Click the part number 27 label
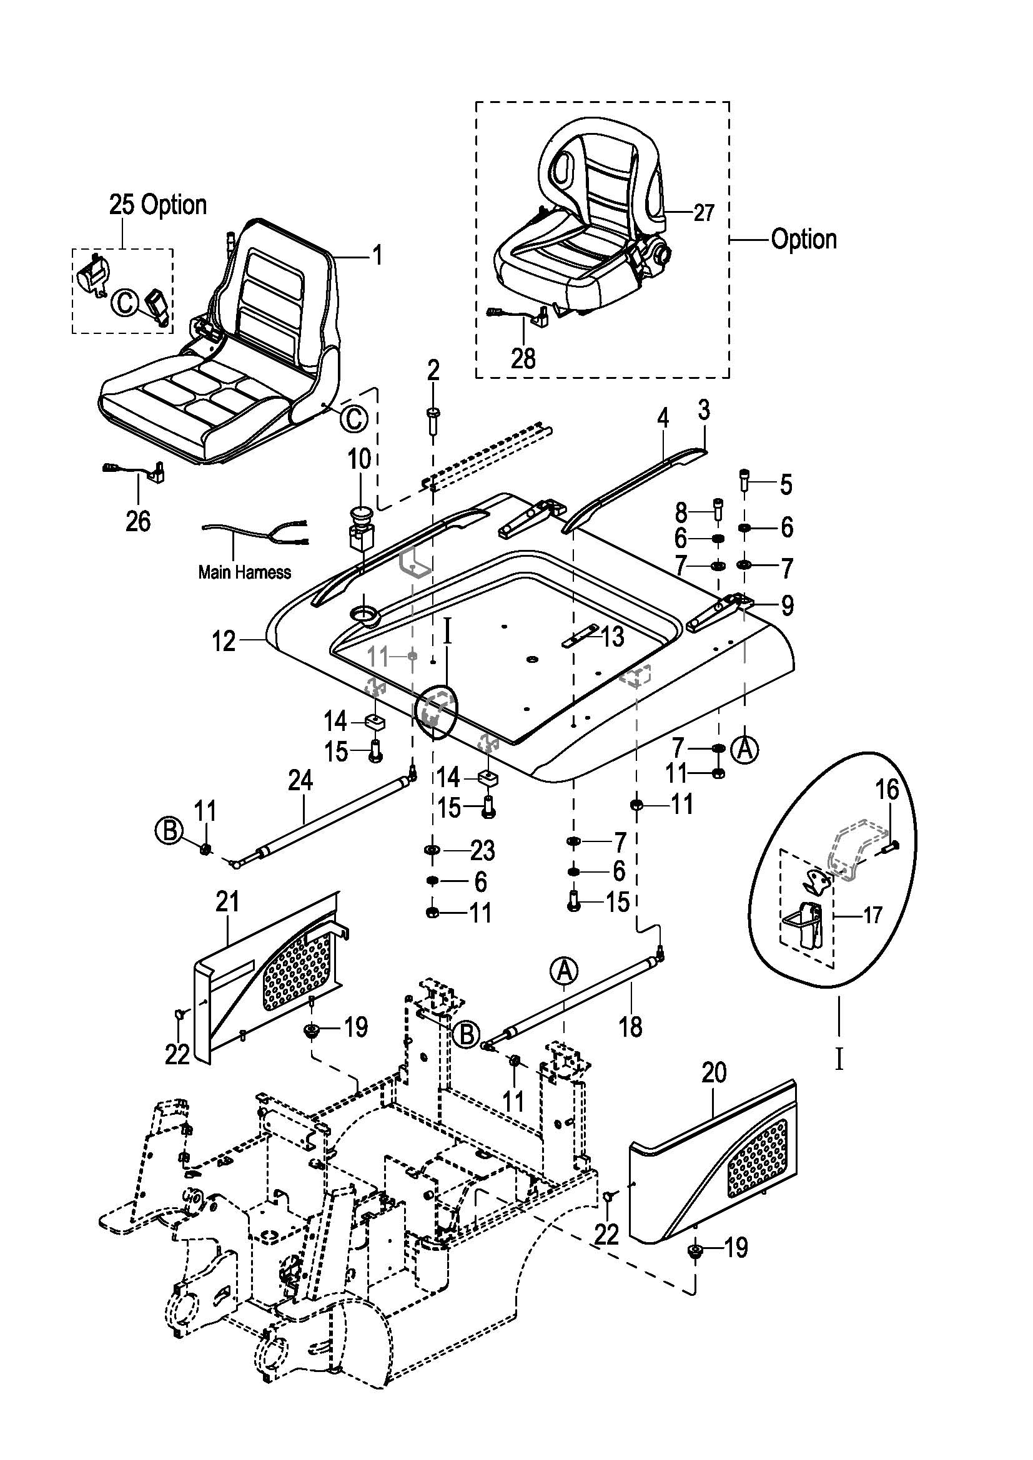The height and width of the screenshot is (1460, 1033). click(703, 213)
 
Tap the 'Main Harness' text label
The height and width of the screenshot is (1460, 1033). click(244, 572)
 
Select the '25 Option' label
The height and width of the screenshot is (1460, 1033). click(158, 205)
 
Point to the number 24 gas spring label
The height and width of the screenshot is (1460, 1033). click(300, 781)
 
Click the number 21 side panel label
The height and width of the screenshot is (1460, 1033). click(227, 902)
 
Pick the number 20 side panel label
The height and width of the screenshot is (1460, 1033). click(714, 1074)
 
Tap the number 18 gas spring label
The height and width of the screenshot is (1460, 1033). click(630, 1026)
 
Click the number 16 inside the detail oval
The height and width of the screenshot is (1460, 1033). click(887, 790)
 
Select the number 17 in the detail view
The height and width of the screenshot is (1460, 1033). click(872, 915)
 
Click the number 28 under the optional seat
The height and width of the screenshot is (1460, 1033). click(523, 359)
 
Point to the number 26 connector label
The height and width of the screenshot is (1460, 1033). click(138, 521)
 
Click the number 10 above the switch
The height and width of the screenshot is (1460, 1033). click(359, 459)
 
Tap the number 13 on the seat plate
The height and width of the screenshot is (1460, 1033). click(613, 637)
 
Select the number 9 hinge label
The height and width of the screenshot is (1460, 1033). click(787, 605)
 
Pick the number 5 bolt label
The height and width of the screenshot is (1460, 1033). click(786, 484)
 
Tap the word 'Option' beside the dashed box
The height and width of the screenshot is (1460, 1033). click(803, 240)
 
